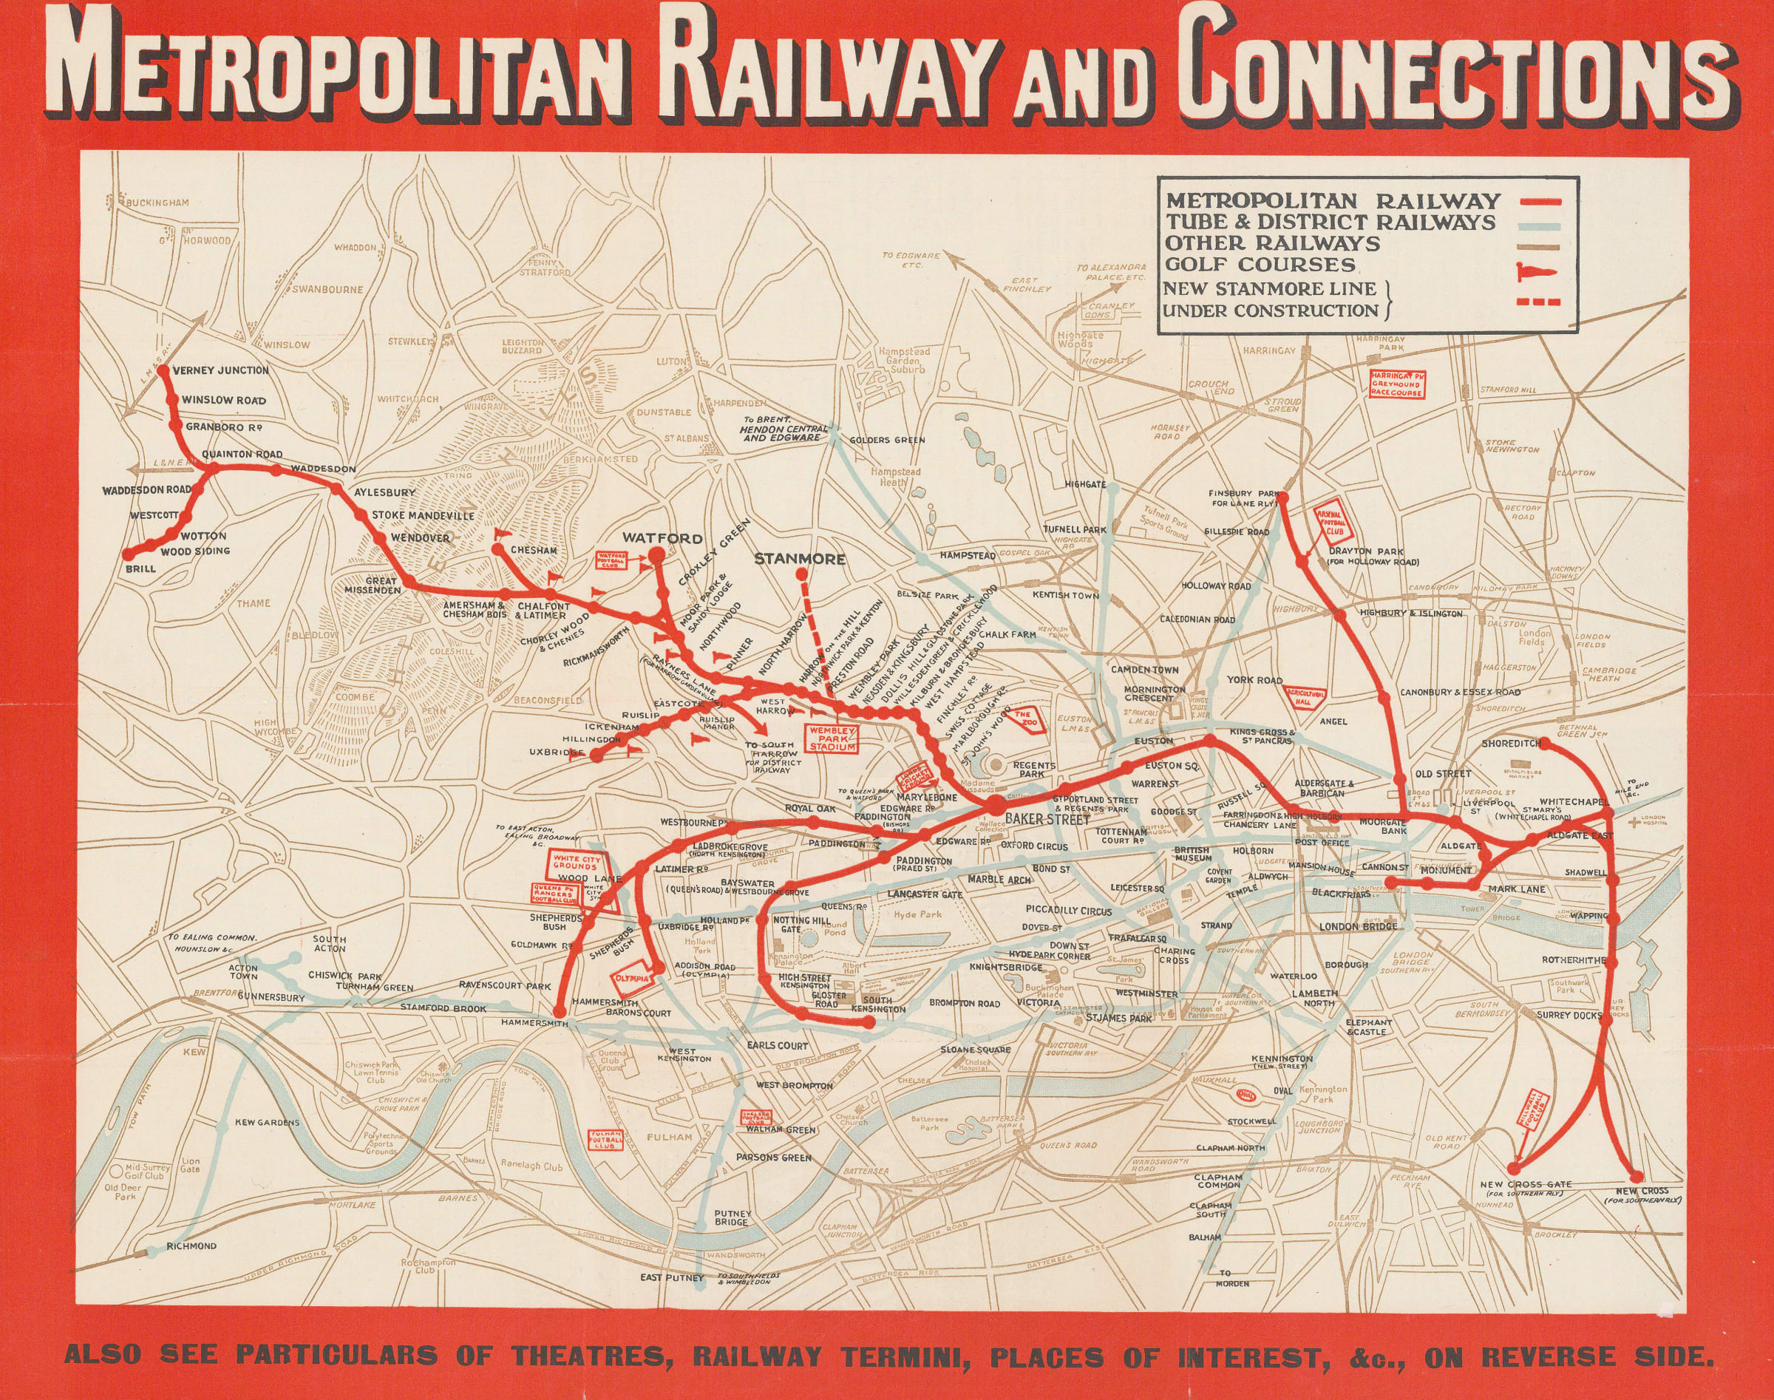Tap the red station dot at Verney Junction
[x=163, y=370]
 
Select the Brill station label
[x=140, y=567]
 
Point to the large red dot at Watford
[x=656, y=556]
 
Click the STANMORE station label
[x=799, y=559]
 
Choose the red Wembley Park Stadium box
[x=832, y=738]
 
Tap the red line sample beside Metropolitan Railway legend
[x=1541, y=201]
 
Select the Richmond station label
[x=191, y=1246]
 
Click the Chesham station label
[x=534, y=550]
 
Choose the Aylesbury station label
[x=384, y=492]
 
